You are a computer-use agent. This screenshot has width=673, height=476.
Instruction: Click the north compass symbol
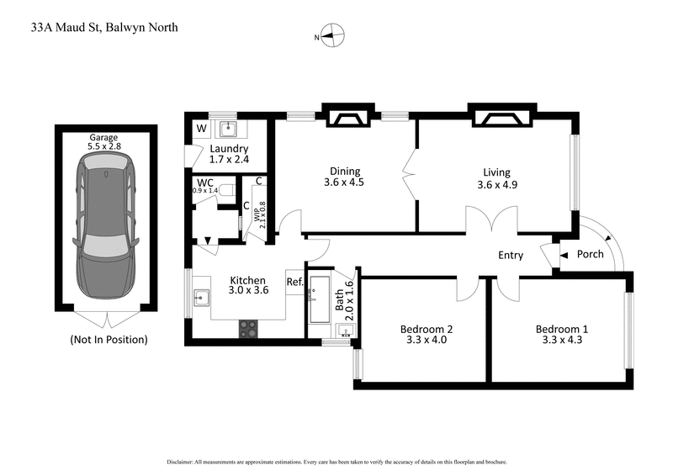tap(331, 36)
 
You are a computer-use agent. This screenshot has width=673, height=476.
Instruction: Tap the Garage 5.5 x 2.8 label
tap(105, 140)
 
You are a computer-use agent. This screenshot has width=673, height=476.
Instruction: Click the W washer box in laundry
tap(201, 129)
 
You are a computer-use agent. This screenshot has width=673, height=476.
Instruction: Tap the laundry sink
tap(227, 129)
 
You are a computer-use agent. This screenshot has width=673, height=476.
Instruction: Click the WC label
tap(204, 182)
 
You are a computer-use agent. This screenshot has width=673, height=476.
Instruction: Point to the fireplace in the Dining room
tap(346, 119)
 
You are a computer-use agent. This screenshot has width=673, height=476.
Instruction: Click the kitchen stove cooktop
tap(250, 328)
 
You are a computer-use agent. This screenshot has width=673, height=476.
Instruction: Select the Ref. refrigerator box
tap(294, 283)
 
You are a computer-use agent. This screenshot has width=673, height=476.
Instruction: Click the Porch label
tap(591, 254)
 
